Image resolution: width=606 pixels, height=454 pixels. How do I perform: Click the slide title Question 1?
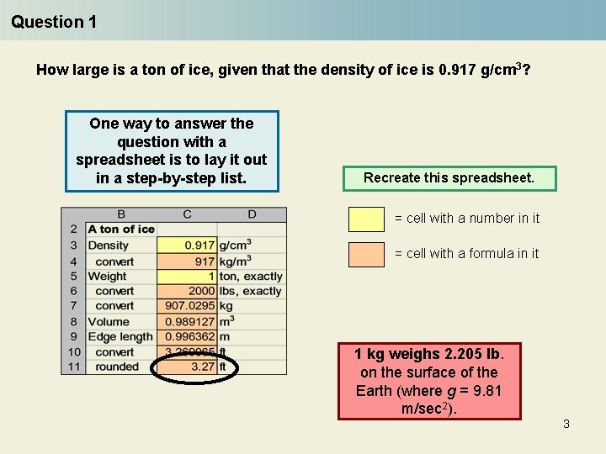tap(54, 22)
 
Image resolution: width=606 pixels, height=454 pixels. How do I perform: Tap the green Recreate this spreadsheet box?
tap(449, 178)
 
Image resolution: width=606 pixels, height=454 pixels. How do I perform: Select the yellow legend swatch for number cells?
tap(366, 219)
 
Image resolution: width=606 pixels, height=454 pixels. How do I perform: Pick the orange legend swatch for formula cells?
tap(366, 254)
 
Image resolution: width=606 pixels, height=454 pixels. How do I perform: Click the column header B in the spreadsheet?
tap(121, 214)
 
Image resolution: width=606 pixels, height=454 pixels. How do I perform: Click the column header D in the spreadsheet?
tap(252, 214)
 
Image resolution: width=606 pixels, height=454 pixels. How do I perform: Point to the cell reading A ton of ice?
tap(121, 230)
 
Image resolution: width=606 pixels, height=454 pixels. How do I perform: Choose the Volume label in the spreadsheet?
tap(109, 321)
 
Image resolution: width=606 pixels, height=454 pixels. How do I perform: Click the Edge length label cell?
tap(120, 336)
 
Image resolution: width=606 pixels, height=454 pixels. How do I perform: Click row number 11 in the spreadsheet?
tap(73, 367)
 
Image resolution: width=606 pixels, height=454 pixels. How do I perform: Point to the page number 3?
tap(566, 424)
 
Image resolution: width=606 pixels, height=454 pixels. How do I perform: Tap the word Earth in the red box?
tap(375, 391)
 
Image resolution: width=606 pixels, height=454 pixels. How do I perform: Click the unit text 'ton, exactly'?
tap(251, 276)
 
